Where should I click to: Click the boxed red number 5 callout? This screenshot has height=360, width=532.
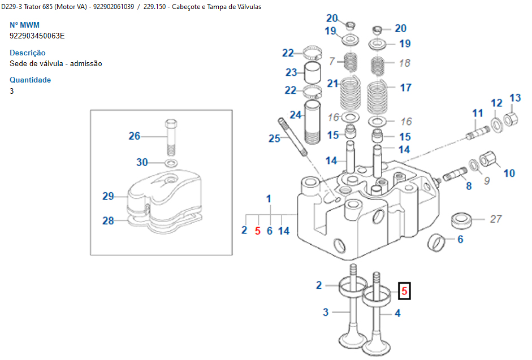[404, 290]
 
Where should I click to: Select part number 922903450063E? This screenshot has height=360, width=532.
[37, 36]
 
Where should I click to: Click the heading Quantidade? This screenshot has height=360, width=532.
[30, 80]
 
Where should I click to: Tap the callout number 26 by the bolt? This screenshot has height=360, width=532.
[134, 136]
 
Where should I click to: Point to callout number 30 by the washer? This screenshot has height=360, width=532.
[141, 162]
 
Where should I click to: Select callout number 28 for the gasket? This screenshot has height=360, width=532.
[108, 220]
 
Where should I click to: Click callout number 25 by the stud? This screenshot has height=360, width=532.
[274, 138]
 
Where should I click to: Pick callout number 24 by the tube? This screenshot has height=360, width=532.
[296, 115]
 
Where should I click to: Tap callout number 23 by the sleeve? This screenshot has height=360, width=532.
[291, 72]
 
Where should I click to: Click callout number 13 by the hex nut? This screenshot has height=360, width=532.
[515, 98]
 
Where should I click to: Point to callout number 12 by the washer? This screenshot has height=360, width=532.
[496, 103]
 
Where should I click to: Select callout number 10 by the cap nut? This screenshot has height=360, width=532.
[509, 173]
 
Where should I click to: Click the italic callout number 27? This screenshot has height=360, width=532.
[496, 219]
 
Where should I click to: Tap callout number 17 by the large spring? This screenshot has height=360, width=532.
[405, 88]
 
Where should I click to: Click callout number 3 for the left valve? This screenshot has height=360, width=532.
[326, 312]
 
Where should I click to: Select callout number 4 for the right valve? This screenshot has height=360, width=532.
[397, 313]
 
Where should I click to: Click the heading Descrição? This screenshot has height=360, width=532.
[28, 53]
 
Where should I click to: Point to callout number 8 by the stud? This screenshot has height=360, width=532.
[469, 185]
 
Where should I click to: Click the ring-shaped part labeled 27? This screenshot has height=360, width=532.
[461, 219]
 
